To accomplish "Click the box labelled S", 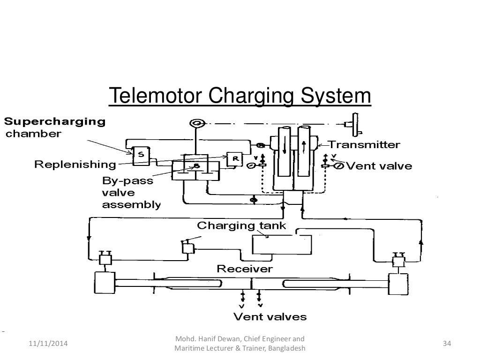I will click(x=140, y=155).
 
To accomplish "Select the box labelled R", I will click(x=234, y=159).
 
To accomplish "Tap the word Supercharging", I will click(x=55, y=122).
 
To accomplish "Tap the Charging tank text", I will click(x=241, y=225).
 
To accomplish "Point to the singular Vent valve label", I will click(x=379, y=165).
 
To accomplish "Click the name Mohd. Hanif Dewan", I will click(x=202, y=339).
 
